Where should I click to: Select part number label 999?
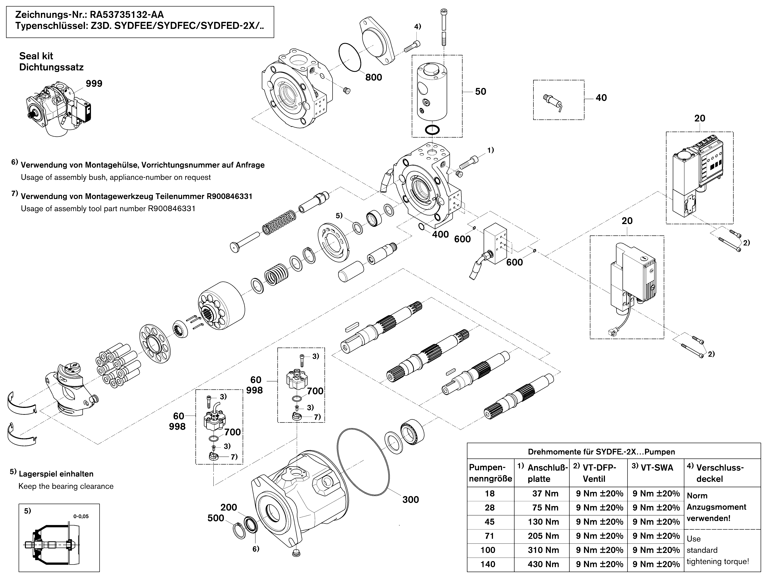click(x=94, y=83)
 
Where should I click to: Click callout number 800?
click(x=374, y=77)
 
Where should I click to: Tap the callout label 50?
click(x=481, y=91)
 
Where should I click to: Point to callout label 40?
click(x=601, y=98)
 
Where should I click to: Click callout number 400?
click(x=440, y=235)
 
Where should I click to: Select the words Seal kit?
click(x=36, y=56)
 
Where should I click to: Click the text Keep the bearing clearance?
click(x=66, y=486)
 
